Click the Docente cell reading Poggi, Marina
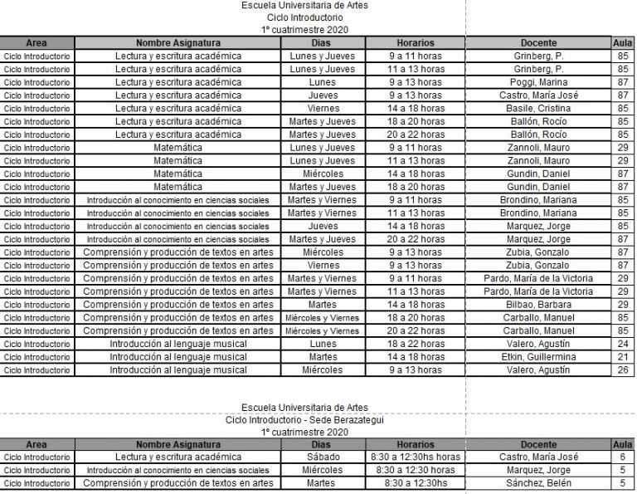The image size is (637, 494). point(537,82)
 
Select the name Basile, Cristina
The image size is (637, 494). point(537,108)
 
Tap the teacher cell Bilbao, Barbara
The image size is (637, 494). point(537,305)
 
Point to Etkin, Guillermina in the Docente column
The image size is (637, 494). point(537,357)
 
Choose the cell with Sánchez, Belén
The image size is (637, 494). point(537,482)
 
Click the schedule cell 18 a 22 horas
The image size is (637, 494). point(415,344)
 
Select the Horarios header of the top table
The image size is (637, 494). point(415,42)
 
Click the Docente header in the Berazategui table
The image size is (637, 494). point(537,444)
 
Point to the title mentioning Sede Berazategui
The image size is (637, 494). point(304,420)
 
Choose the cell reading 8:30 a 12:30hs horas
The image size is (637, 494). point(415,457)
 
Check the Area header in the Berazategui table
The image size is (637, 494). point(36,444)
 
